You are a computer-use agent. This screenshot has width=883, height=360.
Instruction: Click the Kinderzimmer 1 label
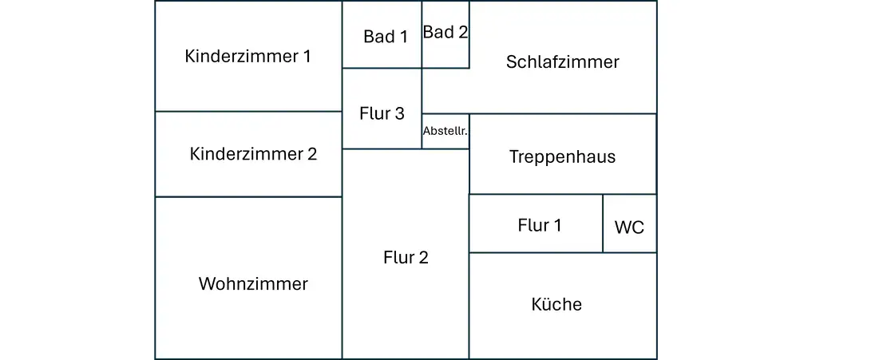[247, 57]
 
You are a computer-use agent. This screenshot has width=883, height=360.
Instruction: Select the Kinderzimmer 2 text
[253, 154]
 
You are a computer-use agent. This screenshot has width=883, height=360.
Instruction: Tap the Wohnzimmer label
[253, 283]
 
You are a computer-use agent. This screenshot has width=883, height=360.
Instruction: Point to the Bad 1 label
[385, 37]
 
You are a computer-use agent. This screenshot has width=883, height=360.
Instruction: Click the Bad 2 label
[445, 32]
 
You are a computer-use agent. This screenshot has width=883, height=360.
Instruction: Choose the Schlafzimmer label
[563, 61]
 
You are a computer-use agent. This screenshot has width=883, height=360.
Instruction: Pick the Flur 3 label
[382, 114]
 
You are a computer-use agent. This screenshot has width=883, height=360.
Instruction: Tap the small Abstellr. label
[446, 131]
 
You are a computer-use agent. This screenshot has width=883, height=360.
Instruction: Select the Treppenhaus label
[563, 156]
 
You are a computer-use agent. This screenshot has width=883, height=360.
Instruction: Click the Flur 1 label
[540, 225]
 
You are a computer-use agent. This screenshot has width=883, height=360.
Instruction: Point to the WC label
[629, 227]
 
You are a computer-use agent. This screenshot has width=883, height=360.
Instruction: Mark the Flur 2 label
[406, 258]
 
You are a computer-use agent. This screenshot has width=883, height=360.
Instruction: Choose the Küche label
[556, 304]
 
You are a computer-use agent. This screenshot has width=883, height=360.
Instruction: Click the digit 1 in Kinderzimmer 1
[307, 57]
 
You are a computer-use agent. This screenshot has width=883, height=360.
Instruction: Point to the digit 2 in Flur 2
[424, 258]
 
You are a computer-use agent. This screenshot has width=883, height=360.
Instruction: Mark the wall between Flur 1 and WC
[603, 224]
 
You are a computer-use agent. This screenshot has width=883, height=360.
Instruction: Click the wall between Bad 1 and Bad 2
[422, 34]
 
